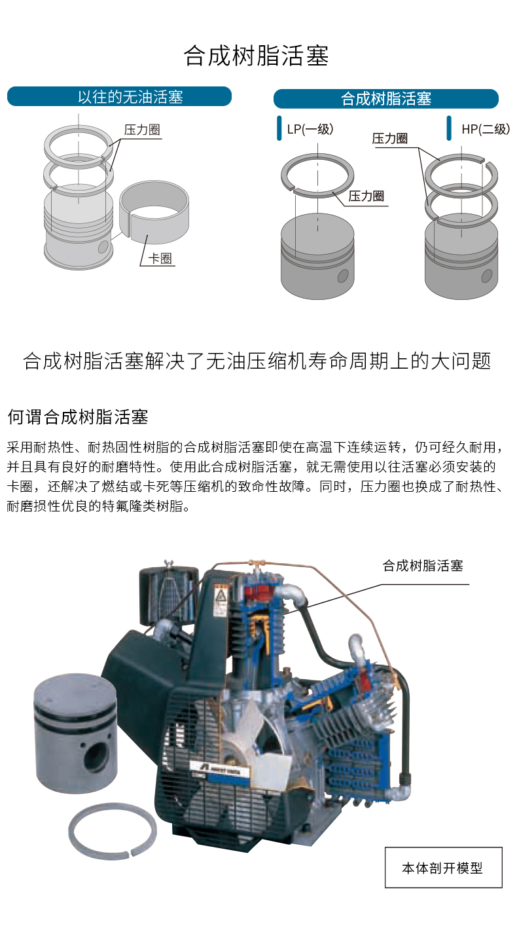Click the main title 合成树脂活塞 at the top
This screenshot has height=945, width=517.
[256, 56]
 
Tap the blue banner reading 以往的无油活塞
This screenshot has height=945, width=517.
[119, 97]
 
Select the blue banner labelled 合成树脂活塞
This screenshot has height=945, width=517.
[386, 99]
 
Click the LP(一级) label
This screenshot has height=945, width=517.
[310, 128]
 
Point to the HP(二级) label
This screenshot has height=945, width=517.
[486, 128]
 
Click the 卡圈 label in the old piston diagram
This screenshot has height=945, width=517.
[160, 258]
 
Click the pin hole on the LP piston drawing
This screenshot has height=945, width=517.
[343, 276]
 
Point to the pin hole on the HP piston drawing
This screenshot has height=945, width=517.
[487, 276]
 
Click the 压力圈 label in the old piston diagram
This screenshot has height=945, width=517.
[142, 130]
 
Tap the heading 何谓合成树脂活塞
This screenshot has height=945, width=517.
[78, 417]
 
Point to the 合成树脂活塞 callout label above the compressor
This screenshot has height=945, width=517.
[423, 565]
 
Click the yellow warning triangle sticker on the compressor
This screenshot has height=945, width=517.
[220, 595]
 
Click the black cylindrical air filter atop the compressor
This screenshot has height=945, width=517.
[169, 593]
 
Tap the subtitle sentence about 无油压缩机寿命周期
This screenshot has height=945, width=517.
[257, 361]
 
